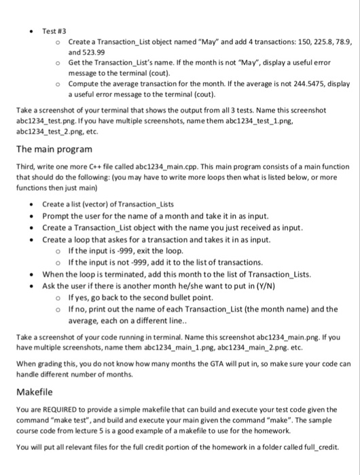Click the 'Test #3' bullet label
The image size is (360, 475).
click(x=54, y=12)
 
